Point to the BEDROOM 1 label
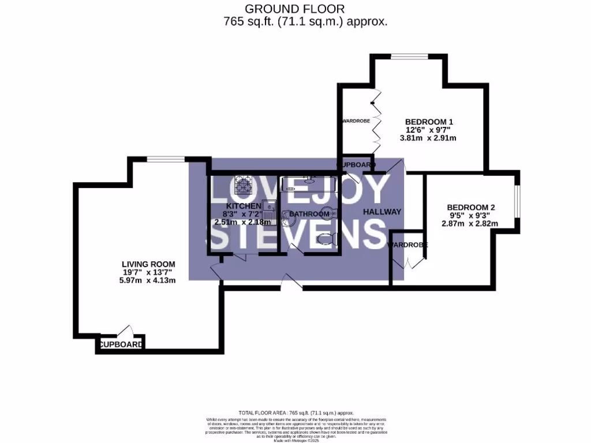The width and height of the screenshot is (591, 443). click(x=429, y=122)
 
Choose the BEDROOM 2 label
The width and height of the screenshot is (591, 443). click(x=471, y=207)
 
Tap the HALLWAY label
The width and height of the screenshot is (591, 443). click(x=381, y=212)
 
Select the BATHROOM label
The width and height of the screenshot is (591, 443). click(x=309, y=214)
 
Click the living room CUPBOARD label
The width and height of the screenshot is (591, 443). click(x=121, y=345)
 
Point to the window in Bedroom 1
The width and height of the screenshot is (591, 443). click(x=409, y=56)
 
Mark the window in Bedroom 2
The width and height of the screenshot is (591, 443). click(x=518, y=202)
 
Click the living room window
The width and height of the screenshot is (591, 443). click(x=166, y=159)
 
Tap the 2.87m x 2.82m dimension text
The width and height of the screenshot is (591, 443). click(x=471, y=224)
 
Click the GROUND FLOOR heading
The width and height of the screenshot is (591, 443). click(x=295, y=9)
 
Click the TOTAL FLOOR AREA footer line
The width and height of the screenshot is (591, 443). click(x=295, y=413)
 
